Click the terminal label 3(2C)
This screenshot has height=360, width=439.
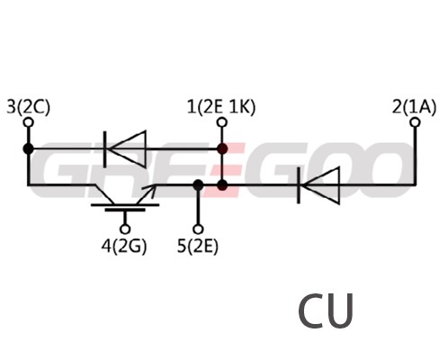pyautogui.click(x=29, y=107)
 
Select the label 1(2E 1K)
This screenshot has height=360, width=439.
pyautogui.click(x=221, y=107)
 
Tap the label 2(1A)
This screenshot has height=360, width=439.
pyautogui.click(x=414, y=107)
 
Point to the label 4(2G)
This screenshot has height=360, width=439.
pyautogui.click(x=124, y=247)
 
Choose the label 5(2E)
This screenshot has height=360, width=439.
pyautogui.click(x=198, y=247)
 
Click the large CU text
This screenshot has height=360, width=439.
pyautogui.click(x=326, y=311)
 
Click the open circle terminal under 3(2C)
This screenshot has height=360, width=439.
pyautogui.click(x=29, y=122)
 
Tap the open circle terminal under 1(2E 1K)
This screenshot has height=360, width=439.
pyautogui.click(x=222, y=122)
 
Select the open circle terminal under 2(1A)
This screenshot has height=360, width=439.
pyautogui.click(x=416, y=122)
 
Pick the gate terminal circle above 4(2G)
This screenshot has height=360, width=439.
pyautogui.click(x=125, y=229)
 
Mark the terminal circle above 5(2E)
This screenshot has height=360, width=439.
pyautogui.click(x=198, y=229)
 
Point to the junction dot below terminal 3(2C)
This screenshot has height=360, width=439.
pyautogui.click(x=29, y=148)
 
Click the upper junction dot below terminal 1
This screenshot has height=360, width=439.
pyautogui.click(x=222, y=148)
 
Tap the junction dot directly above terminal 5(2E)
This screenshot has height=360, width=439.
pyautogui.click(x=198, y=185)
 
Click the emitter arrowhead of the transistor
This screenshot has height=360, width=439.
pyautogui.click(x=150, y=189)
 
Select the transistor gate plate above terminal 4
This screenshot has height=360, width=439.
pyautogui.click(x=125, y=210)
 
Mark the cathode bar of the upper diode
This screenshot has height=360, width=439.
pyautogui.click(x=104, y=149)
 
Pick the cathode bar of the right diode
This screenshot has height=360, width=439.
pyautogui.click(x=299, y=185)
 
